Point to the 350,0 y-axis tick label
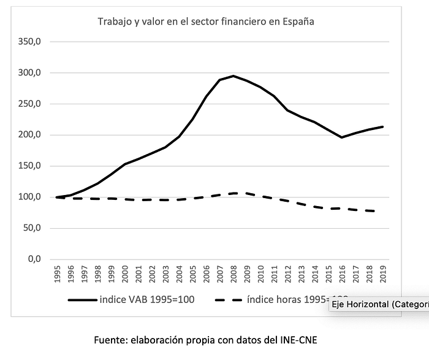[x=30, y=42]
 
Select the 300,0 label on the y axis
[x=30, y=73]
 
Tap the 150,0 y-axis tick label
[x=30, y=166]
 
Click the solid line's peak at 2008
[x=233, y=76]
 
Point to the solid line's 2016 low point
[x=341, y=137]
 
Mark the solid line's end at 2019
[x=381, y=127]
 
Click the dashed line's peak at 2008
[x=233, y=193]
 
